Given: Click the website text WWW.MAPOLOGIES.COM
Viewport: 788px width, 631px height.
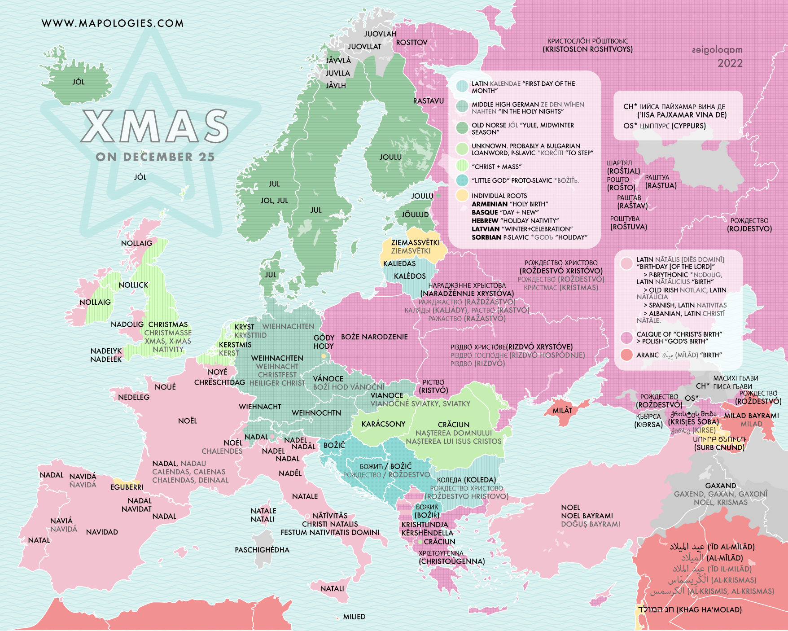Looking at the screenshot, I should (112, 23).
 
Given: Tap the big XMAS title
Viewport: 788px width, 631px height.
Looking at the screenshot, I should (155, 127).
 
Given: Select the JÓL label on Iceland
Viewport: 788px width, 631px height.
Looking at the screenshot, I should (78, 82).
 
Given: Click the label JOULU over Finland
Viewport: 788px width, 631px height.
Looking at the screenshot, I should (390, 157).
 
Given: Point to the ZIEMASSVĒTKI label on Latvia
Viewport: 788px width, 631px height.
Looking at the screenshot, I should (415, 242).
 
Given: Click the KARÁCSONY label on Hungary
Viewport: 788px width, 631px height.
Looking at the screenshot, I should (383, 424).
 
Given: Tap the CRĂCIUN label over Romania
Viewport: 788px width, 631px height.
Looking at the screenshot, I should (453, 425).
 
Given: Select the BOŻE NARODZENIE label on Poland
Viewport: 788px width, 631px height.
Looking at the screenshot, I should (374, 337).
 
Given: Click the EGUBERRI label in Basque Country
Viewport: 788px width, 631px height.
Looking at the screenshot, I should (127, 487).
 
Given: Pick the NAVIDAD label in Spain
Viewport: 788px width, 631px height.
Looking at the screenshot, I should (102, 532).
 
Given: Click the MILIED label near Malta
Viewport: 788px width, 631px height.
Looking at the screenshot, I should (354, 617).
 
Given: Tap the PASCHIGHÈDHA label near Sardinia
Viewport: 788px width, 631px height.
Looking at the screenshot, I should (262, 550).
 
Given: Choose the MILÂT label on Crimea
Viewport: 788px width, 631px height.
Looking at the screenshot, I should (562, 410).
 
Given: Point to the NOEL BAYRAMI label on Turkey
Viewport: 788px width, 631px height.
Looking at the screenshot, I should (587, 516).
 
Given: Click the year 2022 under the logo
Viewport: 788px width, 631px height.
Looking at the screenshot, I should (730, 63).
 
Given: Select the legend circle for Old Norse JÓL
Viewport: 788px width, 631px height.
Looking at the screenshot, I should (462, 128).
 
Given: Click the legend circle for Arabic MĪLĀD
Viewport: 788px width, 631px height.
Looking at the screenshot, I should (626, 355).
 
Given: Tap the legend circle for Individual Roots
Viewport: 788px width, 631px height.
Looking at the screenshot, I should (462, 196).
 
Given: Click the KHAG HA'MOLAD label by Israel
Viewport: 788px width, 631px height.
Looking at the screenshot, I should (709, 609).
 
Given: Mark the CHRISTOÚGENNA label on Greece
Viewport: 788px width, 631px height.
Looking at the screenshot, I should (451, 561).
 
